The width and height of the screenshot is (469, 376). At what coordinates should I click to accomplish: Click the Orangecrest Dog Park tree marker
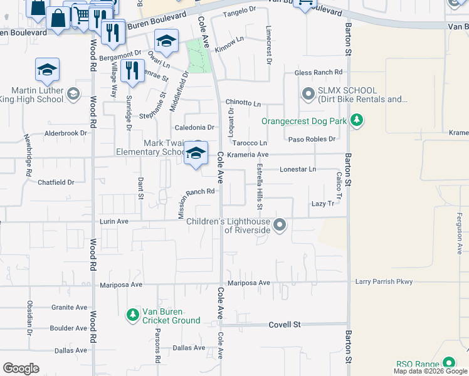click(356, 120)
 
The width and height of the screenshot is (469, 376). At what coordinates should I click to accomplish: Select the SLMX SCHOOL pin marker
click(307, 95)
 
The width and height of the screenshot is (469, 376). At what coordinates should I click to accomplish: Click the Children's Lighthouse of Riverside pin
click(280, 224)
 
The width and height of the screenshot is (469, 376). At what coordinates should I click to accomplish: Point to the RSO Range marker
click(449, 363)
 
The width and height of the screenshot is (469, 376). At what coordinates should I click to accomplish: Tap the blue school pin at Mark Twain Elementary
click(196, 154)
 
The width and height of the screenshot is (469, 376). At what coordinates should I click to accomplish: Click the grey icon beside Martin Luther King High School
click(73, 95)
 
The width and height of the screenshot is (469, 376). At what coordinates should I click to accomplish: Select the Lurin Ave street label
click(113, 221)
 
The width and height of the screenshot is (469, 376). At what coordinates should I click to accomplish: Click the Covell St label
click(285, 325)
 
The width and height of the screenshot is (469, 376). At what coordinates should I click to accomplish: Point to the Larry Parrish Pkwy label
click(384, 282)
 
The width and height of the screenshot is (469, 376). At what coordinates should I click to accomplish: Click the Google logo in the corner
click(21, 368)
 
